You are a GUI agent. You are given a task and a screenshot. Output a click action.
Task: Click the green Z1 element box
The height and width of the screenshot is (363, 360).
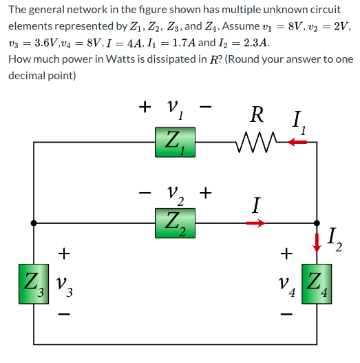point(174,143)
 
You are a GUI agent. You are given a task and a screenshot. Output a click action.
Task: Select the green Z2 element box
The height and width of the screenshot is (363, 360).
point(174,223)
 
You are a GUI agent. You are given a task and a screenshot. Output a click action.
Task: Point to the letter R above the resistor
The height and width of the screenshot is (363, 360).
point(255,113)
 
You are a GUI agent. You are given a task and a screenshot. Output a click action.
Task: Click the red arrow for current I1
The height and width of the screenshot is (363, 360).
point(297,143)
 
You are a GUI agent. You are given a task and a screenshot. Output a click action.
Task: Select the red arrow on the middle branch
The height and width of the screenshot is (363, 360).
point(255,223)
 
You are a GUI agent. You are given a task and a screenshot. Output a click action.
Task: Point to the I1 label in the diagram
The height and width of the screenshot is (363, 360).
point(298,124)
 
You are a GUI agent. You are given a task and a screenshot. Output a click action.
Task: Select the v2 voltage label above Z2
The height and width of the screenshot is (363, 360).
point(176,195)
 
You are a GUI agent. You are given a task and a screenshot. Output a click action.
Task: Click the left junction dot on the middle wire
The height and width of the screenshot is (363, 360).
point(33,223)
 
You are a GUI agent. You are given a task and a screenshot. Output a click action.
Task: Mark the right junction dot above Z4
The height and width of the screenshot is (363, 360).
point(317,223)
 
